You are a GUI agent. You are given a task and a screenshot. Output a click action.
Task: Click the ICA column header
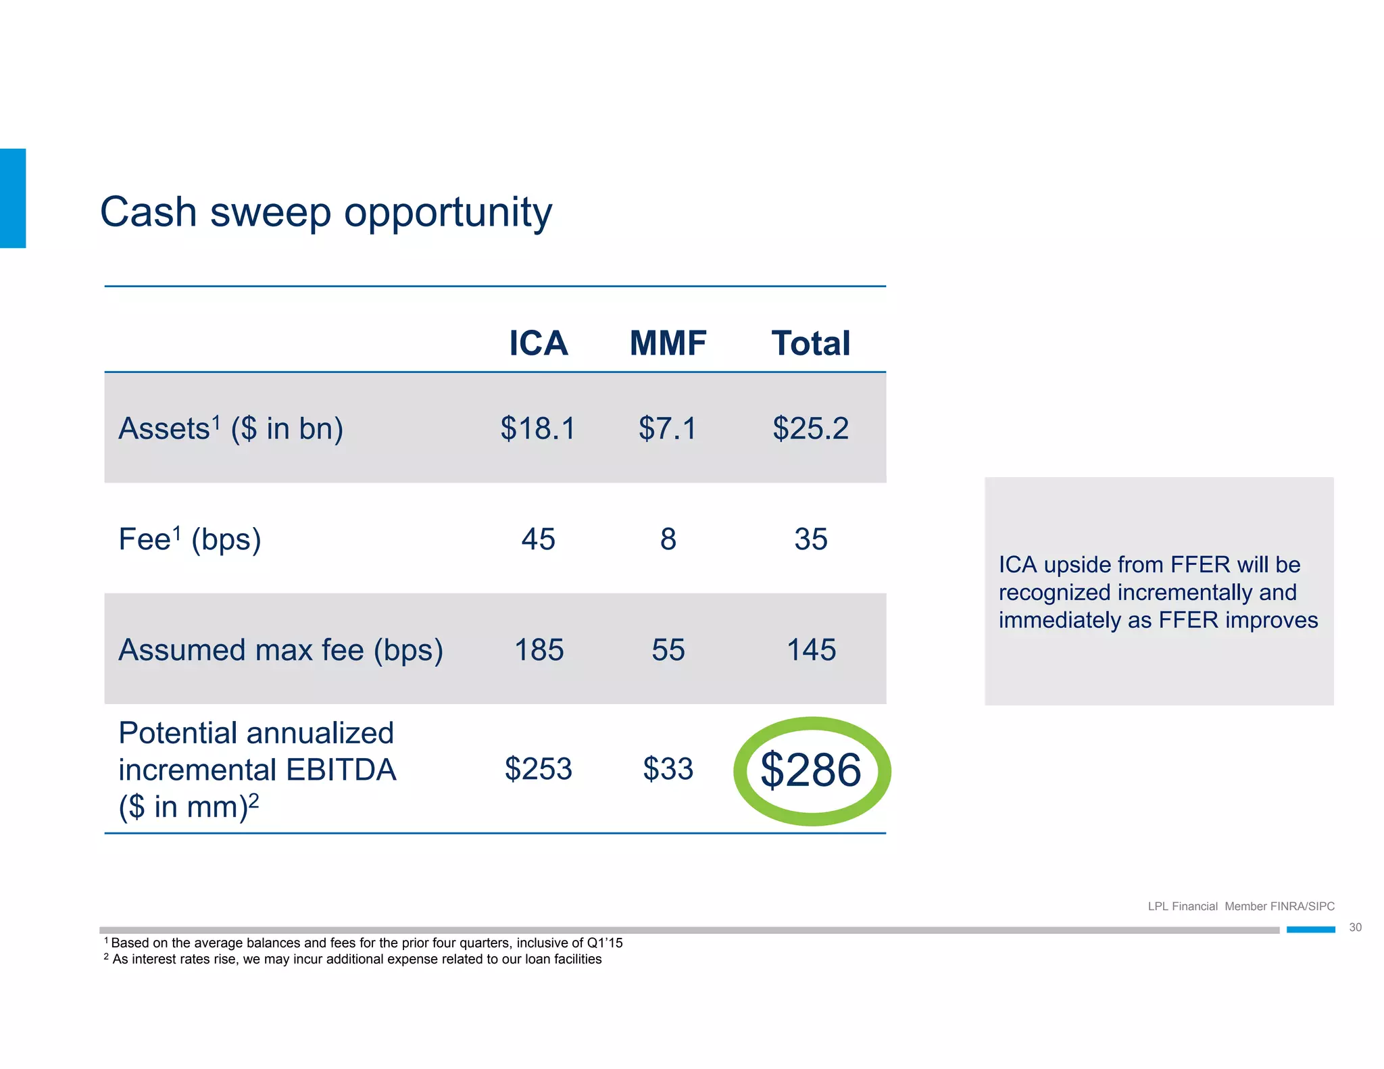[x=538, y=343]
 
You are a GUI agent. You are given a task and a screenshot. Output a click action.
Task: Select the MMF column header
[x=668, y=343]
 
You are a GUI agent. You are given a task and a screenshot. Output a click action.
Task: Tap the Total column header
[x=810, y=343]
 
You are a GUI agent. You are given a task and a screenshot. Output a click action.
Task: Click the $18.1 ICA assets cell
[x=538, y=428]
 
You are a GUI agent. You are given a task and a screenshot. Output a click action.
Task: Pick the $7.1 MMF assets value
[x=668, y=428]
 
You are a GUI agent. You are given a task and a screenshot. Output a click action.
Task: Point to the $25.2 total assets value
[x=810, y=428]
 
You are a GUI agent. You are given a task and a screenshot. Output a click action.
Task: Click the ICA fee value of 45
[x=538, y=539]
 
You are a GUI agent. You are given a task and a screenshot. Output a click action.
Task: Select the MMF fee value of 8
[x=668, y=539]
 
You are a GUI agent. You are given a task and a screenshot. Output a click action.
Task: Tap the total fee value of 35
[x=810, y=539]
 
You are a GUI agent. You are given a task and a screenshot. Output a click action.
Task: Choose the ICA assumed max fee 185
[x=539, y=650]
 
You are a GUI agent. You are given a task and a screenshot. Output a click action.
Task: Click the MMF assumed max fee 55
[x=668, y=650]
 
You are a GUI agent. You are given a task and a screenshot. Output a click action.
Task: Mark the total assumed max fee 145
[x=811, y=650]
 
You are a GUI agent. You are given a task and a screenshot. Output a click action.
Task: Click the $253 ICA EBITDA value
[x=538, y=769]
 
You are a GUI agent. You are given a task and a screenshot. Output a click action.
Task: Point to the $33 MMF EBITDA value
[x=668, y=769]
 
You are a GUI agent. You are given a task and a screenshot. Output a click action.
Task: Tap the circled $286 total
[x=811, y=770]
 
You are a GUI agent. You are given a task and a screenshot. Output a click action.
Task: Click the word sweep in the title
[x=270, y=212]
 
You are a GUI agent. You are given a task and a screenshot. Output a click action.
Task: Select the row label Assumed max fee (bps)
[x=280, y=650]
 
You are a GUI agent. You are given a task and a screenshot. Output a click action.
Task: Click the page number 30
[x=1355, y=927]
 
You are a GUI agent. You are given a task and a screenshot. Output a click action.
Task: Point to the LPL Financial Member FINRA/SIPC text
[x=1241, y=906]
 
